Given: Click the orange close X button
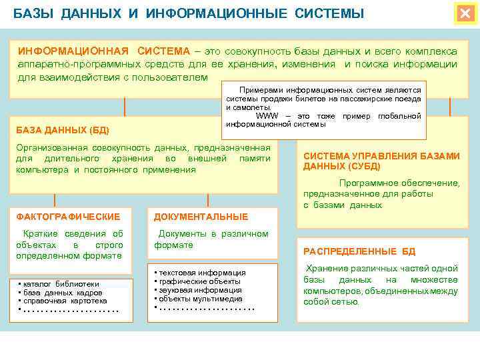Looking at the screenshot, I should click(x=464, y=13).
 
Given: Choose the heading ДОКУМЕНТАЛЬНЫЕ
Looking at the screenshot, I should click(x=201, y=217).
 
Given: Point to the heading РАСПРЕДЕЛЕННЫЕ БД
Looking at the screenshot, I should click(x=359, y=251).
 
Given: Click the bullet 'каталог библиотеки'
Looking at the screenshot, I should click(x=61, y=283).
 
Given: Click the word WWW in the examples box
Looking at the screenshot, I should click(x=267, y=116).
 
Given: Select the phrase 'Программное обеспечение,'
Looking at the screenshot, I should click(x=399, y=183).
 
